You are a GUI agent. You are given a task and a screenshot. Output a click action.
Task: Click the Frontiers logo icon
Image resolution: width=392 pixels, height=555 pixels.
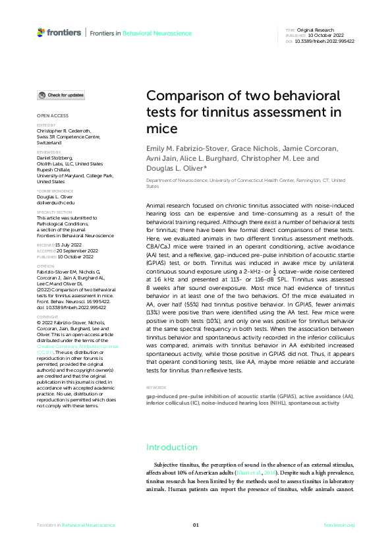point(41,32)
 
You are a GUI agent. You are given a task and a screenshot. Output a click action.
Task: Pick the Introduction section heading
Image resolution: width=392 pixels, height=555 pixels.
point(172,447)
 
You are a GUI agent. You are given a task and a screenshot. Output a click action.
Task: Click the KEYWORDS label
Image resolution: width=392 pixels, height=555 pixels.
point(156,388)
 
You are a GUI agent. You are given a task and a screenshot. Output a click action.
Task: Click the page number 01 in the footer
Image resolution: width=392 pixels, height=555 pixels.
point(196,525)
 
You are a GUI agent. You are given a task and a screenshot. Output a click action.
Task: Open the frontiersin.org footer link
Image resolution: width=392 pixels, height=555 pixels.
point(339,525)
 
